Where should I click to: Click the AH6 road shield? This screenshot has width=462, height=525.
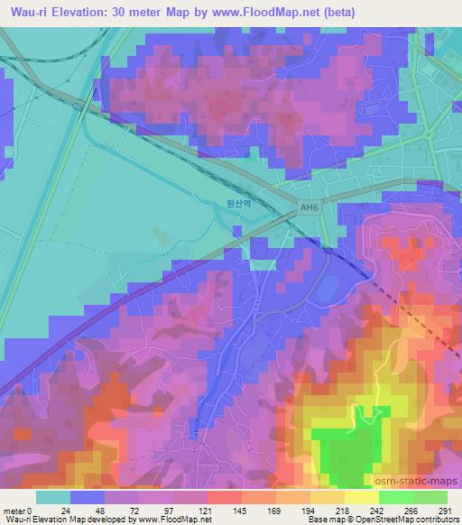(310, 208)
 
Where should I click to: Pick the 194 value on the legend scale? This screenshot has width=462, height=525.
(314, 510)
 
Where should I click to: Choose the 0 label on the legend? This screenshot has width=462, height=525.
(31, 510)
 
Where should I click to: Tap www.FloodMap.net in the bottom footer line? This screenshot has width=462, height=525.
(172, 520)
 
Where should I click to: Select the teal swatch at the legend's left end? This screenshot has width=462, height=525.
(53, 497)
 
